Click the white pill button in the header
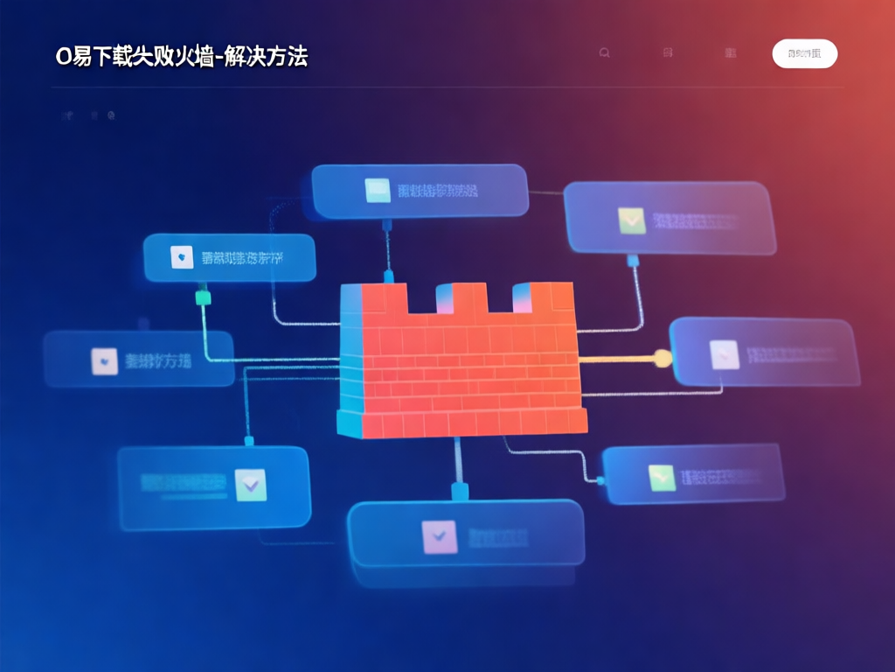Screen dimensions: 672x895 (x=805, y=53)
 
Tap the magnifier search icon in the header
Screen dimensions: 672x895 (x=604, y=53)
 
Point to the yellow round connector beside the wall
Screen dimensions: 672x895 (x=662, y=356)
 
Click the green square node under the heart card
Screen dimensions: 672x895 (x=204, y=297)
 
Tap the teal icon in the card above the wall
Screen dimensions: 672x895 (x=377, y=190)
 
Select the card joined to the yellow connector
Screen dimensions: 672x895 (x=764, y=352)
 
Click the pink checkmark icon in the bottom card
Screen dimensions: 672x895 (x=439, y=535)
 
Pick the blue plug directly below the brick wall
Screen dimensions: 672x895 (x=457, y=490)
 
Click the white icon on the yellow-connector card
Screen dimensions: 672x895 (x=725, y=353)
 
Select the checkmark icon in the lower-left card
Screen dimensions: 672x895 (x=252, y=481)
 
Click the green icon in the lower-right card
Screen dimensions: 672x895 (x=662, y=477)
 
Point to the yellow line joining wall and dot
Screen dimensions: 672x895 (x=616, y=357)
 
